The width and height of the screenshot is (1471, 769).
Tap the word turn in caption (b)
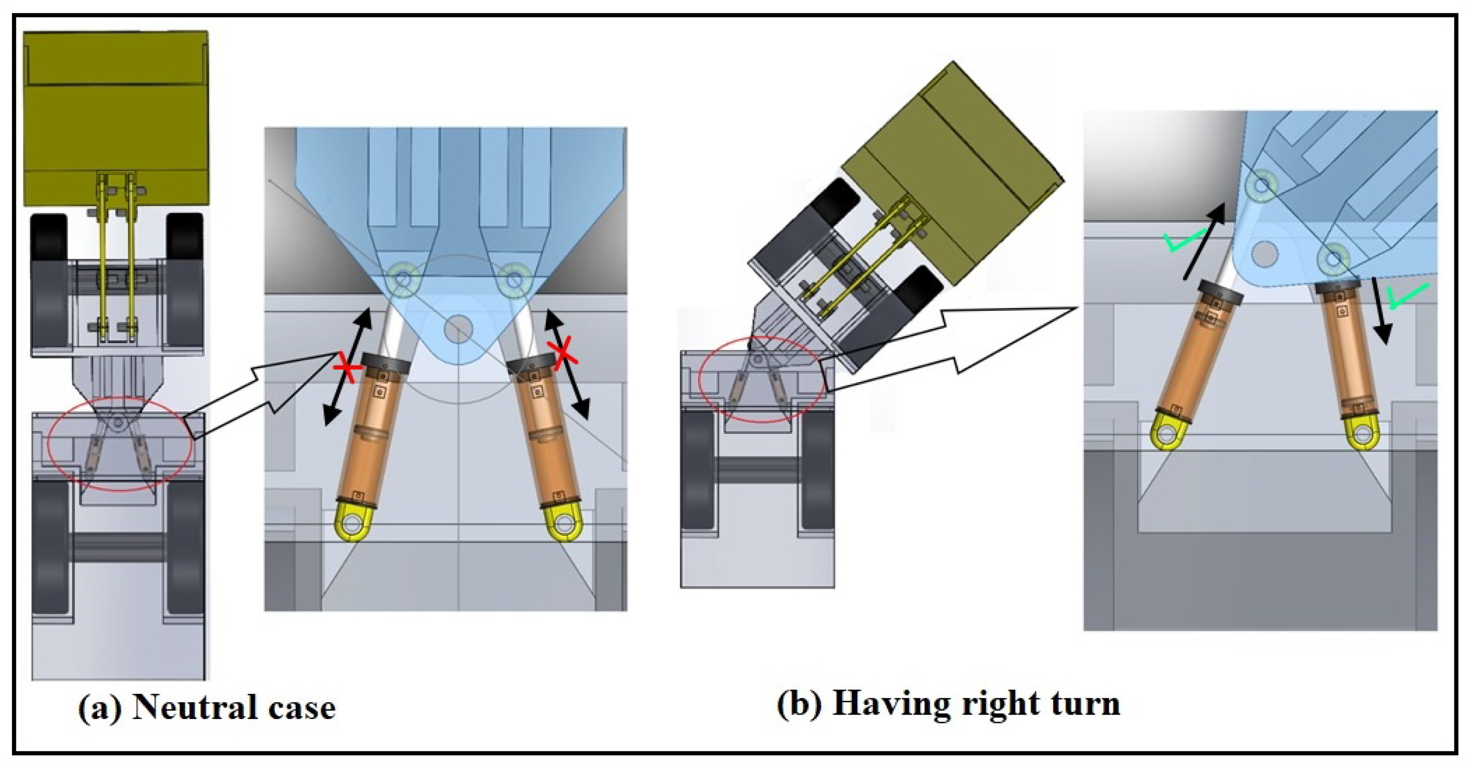pyautogui.click(x=1085, y=704)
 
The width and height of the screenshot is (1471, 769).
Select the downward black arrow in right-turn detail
pyautogui.click(x=1381, y=311)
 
